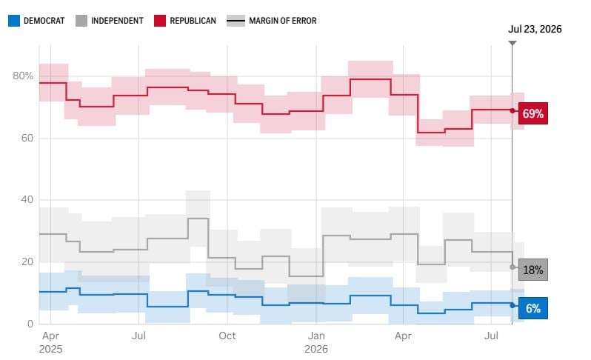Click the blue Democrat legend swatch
pos(14,21)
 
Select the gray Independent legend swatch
pos(81,21)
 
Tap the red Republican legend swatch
pos(160,21)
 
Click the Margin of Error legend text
pos(283,21)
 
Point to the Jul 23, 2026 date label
pos(535,29)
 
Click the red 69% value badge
pos(533,113)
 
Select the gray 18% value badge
pos(533,270)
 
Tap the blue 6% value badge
pos(533,308)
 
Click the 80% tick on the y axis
pos(23,76)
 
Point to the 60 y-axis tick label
pos(27,138)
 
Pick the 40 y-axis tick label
pos(27,199)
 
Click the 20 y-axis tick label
pos(27,261)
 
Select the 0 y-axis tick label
pos(30,324)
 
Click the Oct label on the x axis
pos(227,336)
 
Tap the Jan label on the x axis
pos(315,336)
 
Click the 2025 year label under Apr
pos(50,349)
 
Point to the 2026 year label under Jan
pos(315,349)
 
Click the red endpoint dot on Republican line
pos(512,111)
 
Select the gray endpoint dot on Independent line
pos(512,267)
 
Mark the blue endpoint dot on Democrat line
pos(512,305)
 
